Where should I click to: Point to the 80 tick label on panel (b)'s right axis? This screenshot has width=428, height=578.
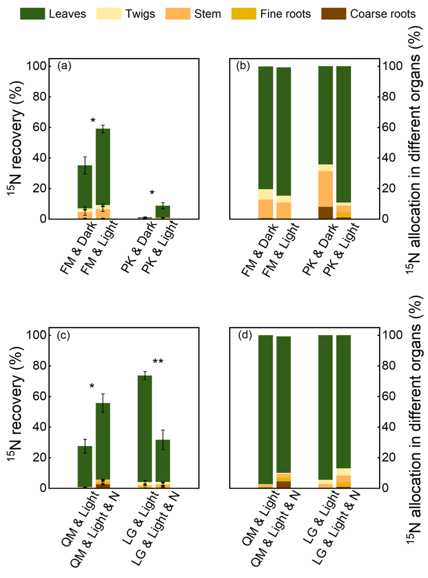388,97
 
